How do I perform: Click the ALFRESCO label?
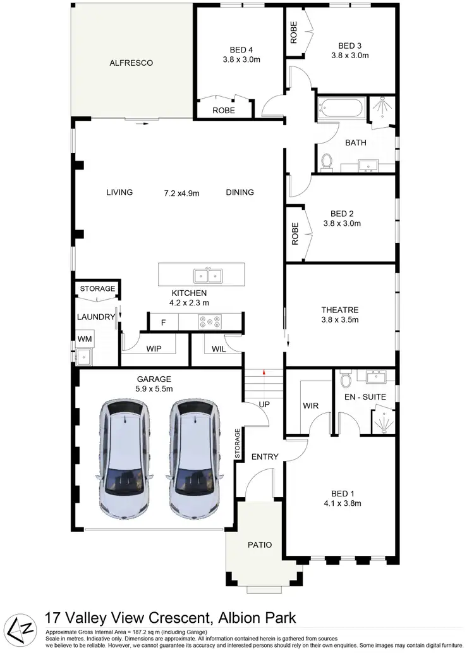click(131, 63)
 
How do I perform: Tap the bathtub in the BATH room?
click(340, 108)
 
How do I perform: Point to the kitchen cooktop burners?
click(209, 322)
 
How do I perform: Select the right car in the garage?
click(194, 456)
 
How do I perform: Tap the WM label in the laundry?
click(85, 340)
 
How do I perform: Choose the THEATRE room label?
click(340, 310)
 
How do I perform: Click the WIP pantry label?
click(154, 348)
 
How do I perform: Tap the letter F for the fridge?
click(163, 322)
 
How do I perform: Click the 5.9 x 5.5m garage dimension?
click(154, 389)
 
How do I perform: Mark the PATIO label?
click(258, 544)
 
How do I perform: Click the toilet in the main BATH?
click(327, 162)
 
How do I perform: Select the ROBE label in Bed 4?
click(223, 110)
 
